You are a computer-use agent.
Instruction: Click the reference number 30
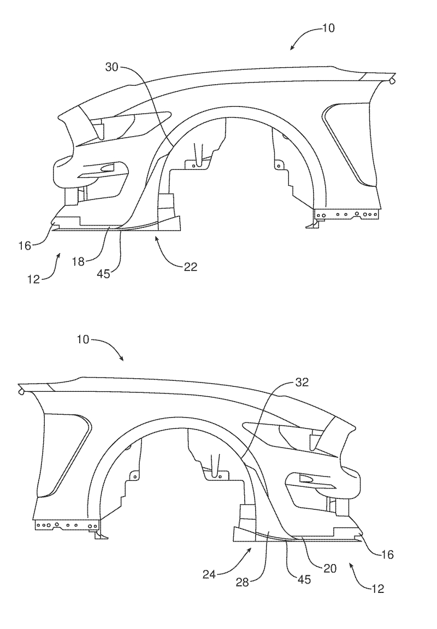point(111,67)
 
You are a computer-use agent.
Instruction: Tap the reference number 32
point(302,383)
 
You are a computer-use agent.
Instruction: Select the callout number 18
point(78,262)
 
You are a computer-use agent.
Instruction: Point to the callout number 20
point(329,568)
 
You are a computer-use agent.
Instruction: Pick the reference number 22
point(191,266)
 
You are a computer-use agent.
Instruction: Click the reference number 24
point(209,575)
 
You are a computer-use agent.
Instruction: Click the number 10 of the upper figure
point(328,28)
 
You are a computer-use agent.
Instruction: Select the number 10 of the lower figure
point(83,339)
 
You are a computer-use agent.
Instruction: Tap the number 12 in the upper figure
point(34,279)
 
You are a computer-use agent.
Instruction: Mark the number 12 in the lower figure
point(377,589)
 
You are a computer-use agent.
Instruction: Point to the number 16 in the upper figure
point(25,245)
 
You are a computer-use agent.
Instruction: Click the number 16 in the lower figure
point(387,554)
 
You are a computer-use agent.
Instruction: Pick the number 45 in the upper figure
point(103,274)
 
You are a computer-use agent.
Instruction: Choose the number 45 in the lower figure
point(304,579)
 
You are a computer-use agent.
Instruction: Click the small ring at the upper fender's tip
point(393,81)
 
